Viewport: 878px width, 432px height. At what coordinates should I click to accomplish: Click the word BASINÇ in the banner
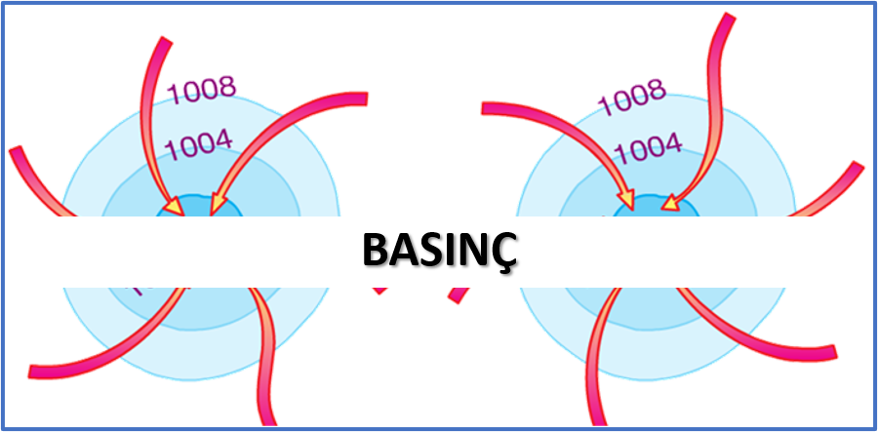[439, 250]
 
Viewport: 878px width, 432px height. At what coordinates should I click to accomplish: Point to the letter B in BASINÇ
[375, 250]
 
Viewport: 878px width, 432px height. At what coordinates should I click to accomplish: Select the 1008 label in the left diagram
[202, 91]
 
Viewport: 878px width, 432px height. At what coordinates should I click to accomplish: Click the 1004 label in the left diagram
[199, 146]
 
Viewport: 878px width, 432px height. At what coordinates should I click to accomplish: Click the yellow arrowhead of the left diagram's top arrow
[173, 207]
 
